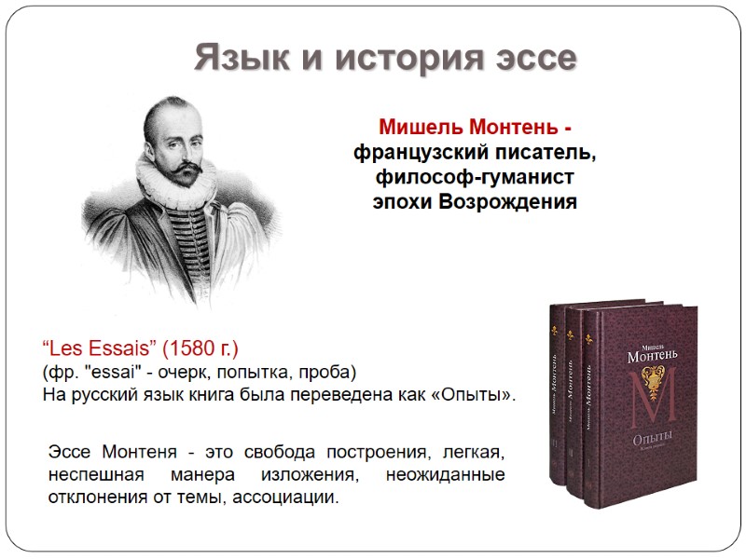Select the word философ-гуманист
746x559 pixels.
coord(476,176)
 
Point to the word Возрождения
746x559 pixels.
coord(517,200)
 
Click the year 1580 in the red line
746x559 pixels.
coord(186,350)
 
